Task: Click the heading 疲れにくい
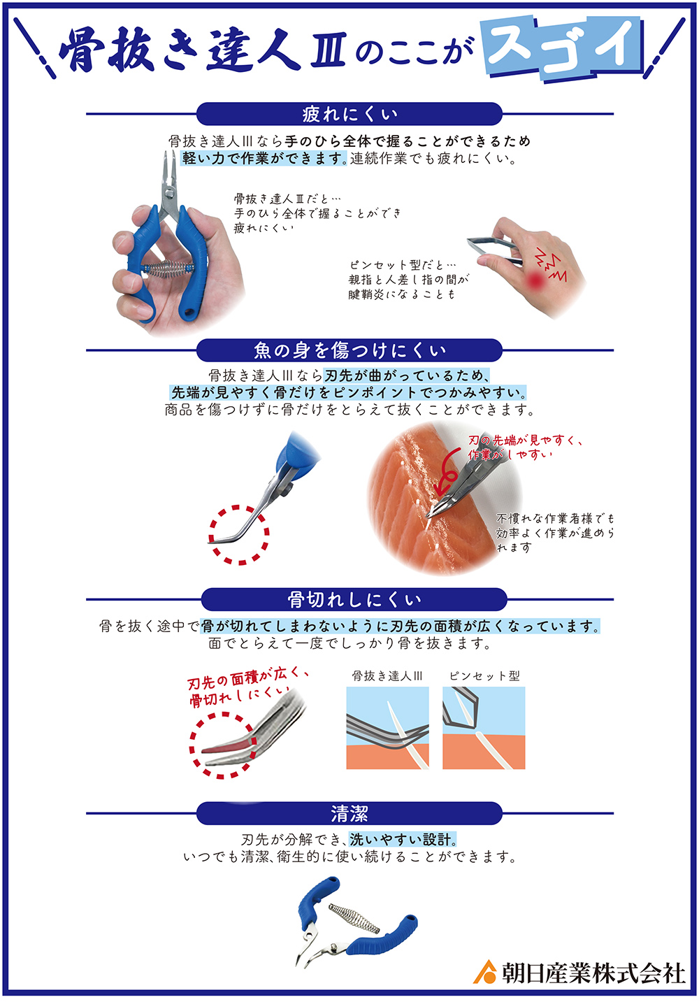349,114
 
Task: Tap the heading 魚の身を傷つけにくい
349,350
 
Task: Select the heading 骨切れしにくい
354,599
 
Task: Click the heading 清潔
349,814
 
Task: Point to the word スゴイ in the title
563,47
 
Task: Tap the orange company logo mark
485,971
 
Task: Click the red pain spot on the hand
535,280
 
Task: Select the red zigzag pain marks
552,266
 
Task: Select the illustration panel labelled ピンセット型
484,728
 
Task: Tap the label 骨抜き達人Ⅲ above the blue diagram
387,675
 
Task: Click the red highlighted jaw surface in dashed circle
225,747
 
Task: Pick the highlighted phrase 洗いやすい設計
403,840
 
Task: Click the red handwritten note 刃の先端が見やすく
525,441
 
